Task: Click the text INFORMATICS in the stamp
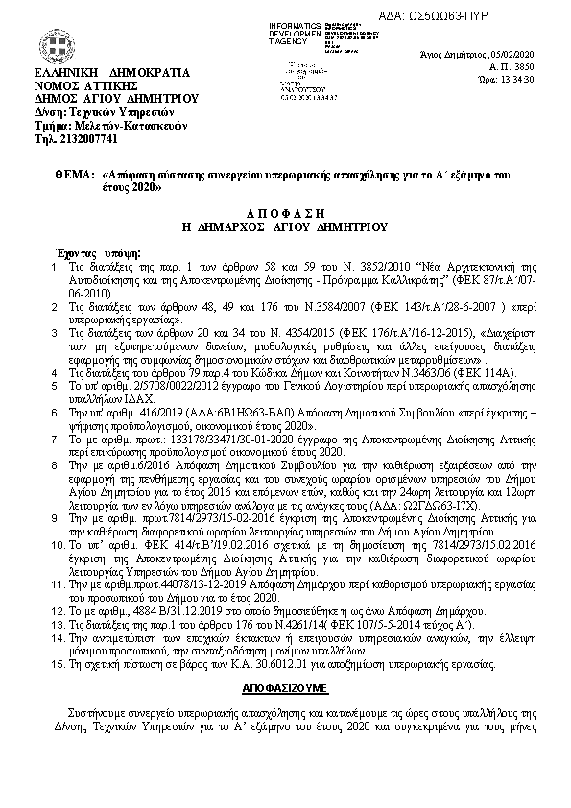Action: tap(297, 23)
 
